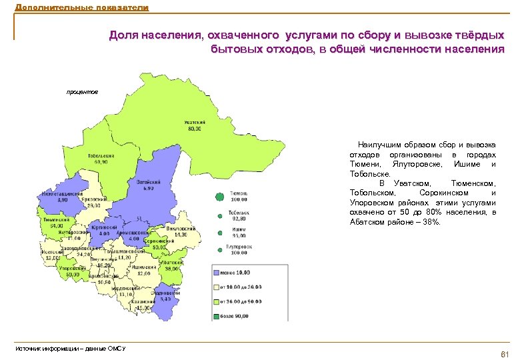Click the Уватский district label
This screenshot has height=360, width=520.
(194, 123)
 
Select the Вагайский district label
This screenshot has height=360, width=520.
(147, 181)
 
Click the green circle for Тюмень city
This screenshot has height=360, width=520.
(219, 197)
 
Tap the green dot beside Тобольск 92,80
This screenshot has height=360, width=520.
(219, 215)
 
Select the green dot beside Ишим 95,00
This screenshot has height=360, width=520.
(219, 232)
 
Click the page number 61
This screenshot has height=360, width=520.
(504, 353)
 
